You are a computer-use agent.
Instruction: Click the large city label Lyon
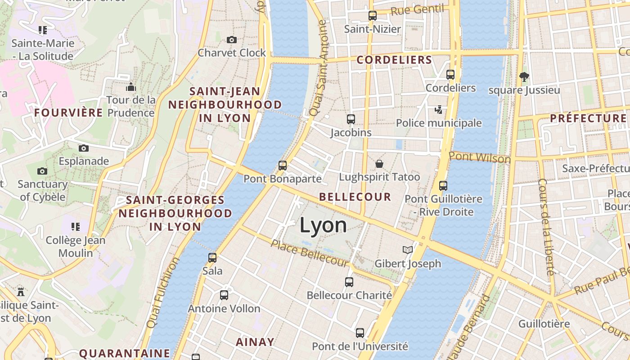323,225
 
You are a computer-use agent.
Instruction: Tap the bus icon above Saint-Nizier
372,16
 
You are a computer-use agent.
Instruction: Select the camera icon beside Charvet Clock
232,40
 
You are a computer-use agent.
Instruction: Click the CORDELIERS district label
394,60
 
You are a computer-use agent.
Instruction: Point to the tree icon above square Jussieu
524,76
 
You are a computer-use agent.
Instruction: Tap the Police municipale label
438,123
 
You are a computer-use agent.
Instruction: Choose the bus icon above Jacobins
351,119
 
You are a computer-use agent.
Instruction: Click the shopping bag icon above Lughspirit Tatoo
379,164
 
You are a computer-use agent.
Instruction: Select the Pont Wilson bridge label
480,157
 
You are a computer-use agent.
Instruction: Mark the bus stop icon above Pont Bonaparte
283,166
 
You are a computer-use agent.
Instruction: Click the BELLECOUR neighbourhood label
355,197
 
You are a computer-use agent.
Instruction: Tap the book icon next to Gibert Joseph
407,250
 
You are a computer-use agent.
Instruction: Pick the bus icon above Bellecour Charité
349,282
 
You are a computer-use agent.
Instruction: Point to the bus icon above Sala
212,258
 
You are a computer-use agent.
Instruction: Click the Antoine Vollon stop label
224,309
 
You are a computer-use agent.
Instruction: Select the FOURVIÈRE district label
69,112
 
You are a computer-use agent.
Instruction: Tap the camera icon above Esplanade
84,148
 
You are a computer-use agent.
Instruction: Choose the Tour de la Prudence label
131,106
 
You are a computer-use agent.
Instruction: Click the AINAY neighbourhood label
255,342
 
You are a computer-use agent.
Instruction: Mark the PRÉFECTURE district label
588,118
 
